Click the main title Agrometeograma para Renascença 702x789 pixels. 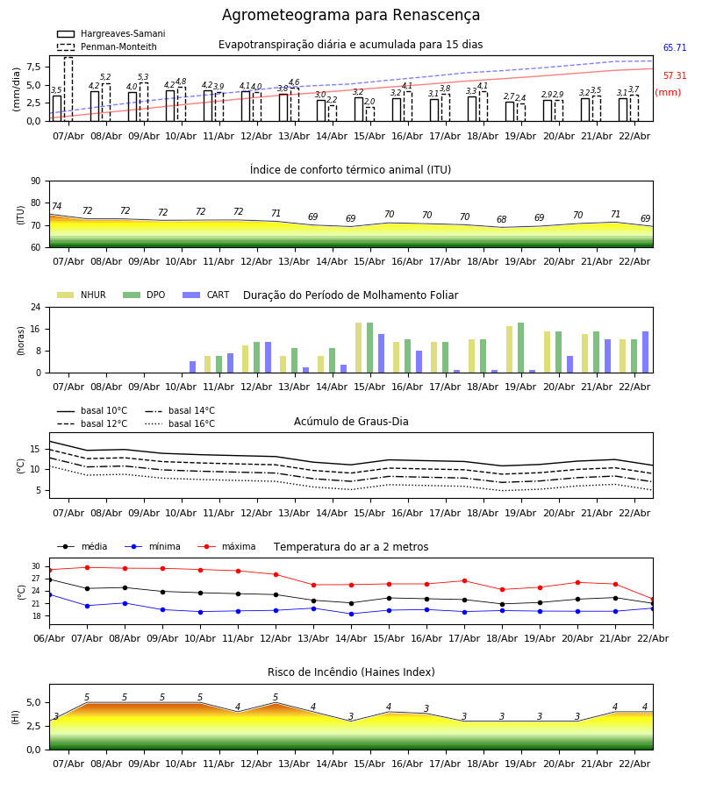pos(351,16)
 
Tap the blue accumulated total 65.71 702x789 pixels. pos(675,48)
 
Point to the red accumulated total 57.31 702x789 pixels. pos(675,76)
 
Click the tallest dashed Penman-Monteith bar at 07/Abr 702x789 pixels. pos(68,89)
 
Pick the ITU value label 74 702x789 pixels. pos(57,207)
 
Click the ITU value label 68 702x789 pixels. pos(502,220)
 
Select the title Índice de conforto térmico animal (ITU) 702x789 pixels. pos(350,170)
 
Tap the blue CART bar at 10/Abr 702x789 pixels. pos(193,366)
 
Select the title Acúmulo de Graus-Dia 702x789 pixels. pos(351,422)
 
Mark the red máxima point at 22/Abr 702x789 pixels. pos(653,600)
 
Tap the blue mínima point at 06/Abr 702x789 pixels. pos(49,594)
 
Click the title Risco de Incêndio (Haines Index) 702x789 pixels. pos(351,672)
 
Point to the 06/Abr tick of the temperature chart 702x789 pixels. pos(49,637)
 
